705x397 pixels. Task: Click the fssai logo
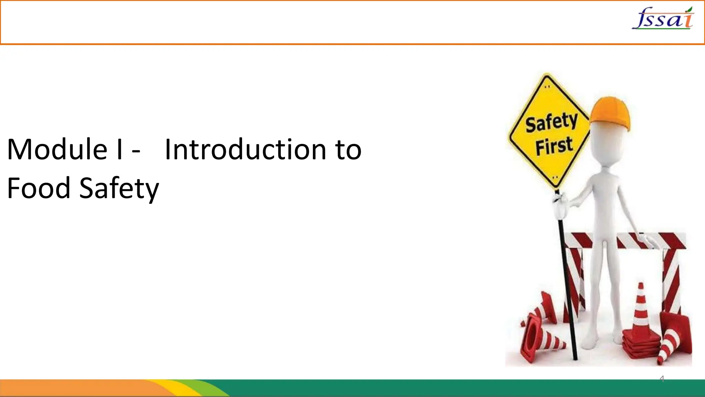tap(663, 19)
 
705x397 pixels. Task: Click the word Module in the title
tap(57, 149)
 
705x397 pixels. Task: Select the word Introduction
tap(245, 149)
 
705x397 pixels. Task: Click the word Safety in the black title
tap(119, 189)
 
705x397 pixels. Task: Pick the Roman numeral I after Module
tap(119, 149)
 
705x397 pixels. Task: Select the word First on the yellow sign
tap(554, 146)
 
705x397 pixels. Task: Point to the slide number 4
tap(662, 379)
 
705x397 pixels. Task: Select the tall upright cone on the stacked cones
tap(641, 307)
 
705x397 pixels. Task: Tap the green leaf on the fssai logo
tap(689, 10)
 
